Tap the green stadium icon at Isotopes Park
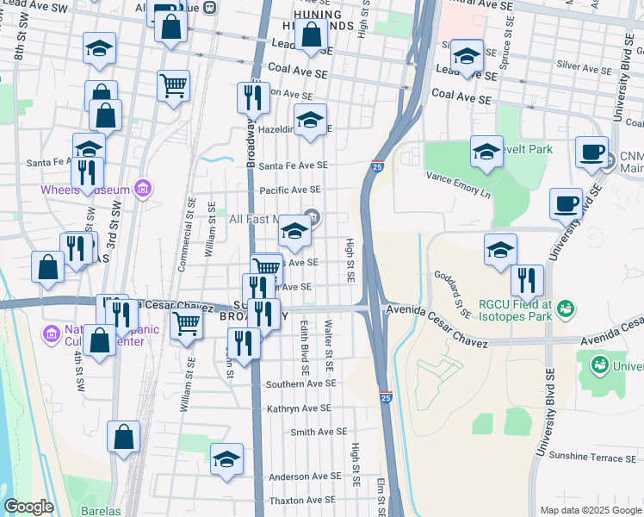click(x=566, y=307)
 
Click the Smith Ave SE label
click(x=319, y=432)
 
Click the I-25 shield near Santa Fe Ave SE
click(x=377, y=165)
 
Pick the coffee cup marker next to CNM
click(x=591, y=153)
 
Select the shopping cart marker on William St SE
click(x=188, y=325)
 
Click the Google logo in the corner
click(x=28, y=507)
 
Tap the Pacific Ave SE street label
click(x=290, y=190)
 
